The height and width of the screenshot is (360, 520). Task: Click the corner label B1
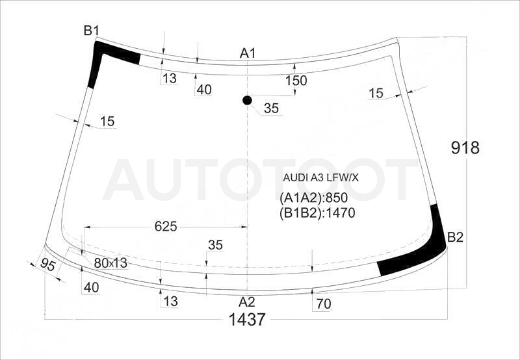coord(91,31)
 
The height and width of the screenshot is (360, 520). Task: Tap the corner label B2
coord(455,237)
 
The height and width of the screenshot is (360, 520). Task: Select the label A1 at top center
coord(248,53)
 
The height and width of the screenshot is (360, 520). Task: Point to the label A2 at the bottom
coord(247,302)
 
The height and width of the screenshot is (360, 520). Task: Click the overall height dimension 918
coord(465,148)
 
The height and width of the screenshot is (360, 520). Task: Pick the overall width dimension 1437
coord(247,320)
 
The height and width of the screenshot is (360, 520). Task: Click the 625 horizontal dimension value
coord(166,226)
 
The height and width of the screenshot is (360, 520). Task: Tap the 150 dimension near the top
coord(296,80)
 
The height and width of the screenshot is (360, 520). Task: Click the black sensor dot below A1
coord(247,100)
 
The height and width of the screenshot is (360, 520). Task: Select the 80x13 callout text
coord(110,263)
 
